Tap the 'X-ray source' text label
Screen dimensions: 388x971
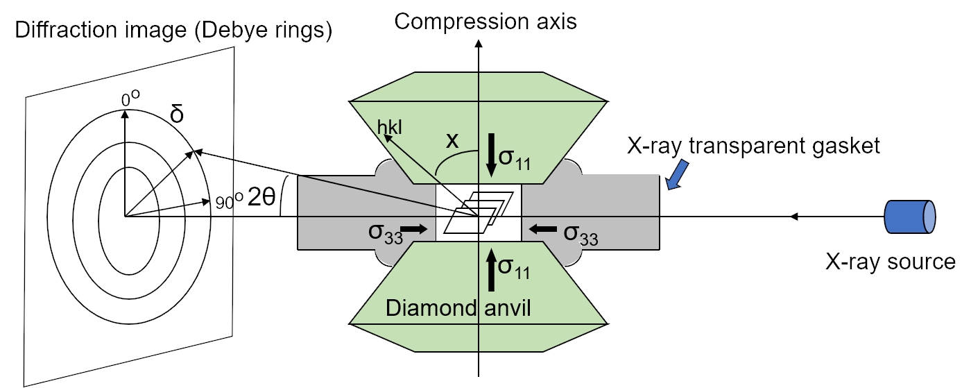891,262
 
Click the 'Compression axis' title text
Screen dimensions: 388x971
485,22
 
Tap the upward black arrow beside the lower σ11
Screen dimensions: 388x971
491,268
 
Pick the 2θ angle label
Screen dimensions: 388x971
261,198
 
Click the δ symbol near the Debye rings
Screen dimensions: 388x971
178,114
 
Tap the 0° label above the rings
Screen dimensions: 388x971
130,99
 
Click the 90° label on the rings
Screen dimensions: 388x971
226,202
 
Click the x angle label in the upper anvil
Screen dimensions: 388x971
452,141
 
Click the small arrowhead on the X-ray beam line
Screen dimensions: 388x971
796,217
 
